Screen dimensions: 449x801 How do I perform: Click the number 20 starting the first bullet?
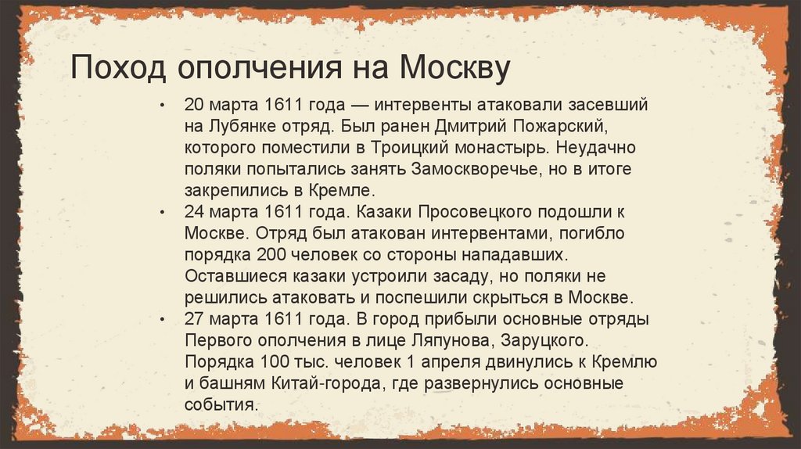tap(193, 105)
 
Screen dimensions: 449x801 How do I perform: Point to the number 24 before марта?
tap(193, 213)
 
